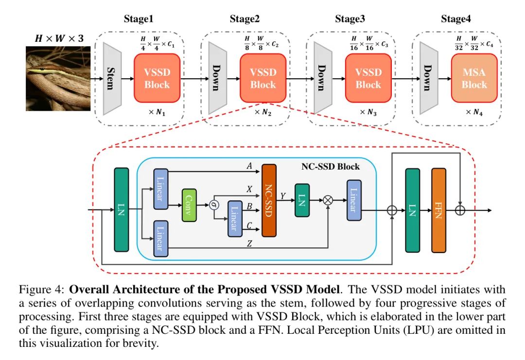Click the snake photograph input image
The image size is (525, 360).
pos(58,78)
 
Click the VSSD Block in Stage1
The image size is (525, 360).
pos(157,78)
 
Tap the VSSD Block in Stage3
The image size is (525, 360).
pos(368,78)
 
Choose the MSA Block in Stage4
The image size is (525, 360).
pos(474,78)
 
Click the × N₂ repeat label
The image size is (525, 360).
pos(263,112)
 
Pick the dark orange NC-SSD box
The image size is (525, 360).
pos(269,200)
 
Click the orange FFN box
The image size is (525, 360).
pos(439,210)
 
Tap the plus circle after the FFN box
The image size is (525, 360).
pos(459,210)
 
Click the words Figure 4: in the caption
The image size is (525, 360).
pos(41,290)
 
